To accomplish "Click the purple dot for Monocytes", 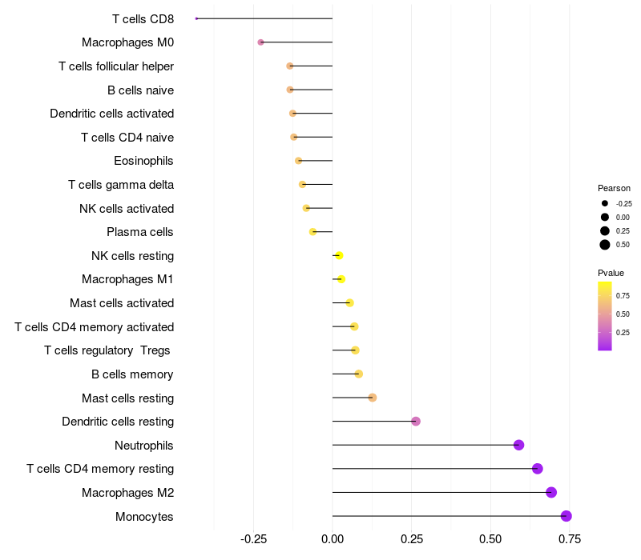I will (x=566, y=516).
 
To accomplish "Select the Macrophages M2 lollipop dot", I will (x=551, y=492).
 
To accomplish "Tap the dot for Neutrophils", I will (x=518, y=445).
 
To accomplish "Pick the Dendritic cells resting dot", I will (x=416, y=421).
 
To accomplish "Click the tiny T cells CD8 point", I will (x=196, y=18).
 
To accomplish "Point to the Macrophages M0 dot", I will (x=260, y=42).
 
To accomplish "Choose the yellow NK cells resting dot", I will (x=339, y=255).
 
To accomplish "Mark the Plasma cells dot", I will (x=313, y=232).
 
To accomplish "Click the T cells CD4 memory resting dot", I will (x=537, y=469).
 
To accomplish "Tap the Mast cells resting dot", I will (x=372, y=398).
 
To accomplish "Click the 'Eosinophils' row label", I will (x=143, y=161).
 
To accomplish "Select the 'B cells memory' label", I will (x=132, y=374).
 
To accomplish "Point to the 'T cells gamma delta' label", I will (x=121, y=185).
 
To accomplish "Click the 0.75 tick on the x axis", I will (x=570, y=540).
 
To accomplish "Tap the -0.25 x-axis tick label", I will (x=253, y=540).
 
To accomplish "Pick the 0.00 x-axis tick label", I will (x=333, y=540).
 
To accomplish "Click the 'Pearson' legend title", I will (x=614, y=188).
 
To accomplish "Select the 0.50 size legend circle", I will (x=605, y=245).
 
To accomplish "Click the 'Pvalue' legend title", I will (x=611, y=273).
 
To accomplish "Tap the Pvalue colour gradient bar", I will (x=605, y=315).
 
